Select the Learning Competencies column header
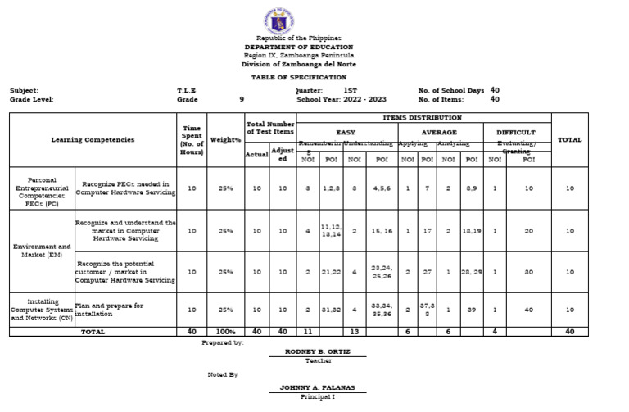pyautogui.click(x=93, y=140)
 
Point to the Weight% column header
pyautogui.click(x=224, y=140)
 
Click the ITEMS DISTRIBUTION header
pyautogui.click(x=423, y=118)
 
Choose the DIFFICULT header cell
pyautogui.click(x=516, y=132)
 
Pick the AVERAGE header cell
pyautogui.click(x=439, y=132)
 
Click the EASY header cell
pyautogui.click(x=346, y=132)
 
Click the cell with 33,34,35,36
pyautogui.click(x=382, y=309)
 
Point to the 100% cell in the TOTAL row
pyautogui.click(x=224, y=332)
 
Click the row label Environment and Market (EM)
pyautogui.click(x=42, y=251)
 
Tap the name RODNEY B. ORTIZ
pyautogui.click(x=318, y=351)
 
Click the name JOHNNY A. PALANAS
pyautogui.click(x=318, y=387)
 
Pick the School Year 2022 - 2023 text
pyautogui.click(x=342, y=99)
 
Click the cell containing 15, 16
pyautogui.click(x=382, y=231)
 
